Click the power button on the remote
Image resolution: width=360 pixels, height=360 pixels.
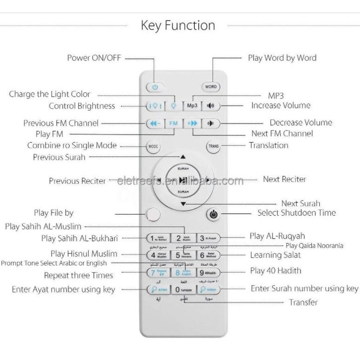click(155, 87)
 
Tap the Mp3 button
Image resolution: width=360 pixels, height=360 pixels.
click(192, 106)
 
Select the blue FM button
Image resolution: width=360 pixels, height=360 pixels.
click(173, 123)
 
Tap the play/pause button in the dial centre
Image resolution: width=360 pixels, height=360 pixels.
click(183, 180)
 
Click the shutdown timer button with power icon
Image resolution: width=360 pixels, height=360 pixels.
click(213, 215)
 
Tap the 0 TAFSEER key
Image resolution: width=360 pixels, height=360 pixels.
click(183, 289)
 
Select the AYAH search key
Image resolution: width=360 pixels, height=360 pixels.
click(157, 289)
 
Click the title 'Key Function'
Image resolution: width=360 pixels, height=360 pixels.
click(178, 25)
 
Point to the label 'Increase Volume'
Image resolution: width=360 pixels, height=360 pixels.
click(281, 105)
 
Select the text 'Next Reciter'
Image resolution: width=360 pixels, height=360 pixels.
click(284, 179)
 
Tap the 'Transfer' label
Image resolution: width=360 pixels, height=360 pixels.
click(303, 302)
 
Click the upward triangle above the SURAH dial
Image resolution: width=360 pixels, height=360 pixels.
click(183, 156)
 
